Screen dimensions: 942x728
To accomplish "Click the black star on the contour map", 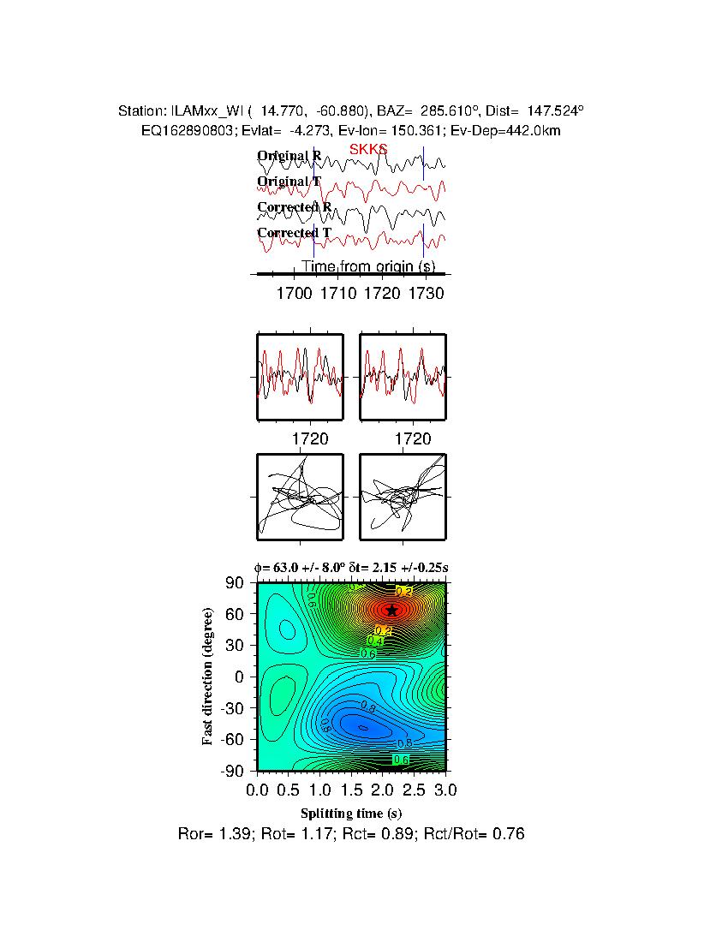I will click(x=391, y=611).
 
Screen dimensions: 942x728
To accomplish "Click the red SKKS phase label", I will click(x=368, y=149).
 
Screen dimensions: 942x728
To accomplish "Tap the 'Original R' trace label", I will click(x=289, y=156).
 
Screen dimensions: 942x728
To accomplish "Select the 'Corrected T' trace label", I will click(x=294, y=233).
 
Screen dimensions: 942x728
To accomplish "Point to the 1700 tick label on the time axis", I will click(x=294, y=294).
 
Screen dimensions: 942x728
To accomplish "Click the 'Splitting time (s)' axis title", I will click(x=351, y=813).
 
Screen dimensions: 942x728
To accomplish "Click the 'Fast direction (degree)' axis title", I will click(x=208, y=677).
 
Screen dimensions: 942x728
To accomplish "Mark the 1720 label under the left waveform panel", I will click(x=311, y=439).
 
